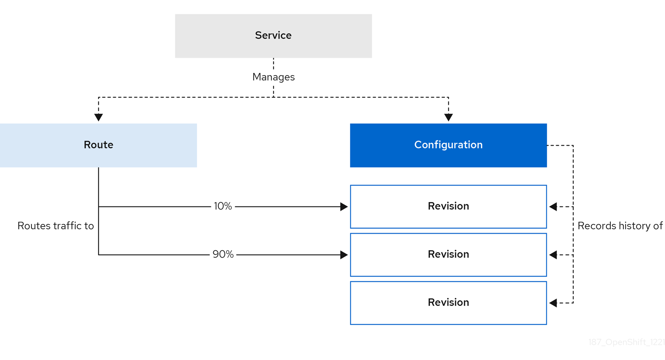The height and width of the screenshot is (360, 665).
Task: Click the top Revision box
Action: (448, 206)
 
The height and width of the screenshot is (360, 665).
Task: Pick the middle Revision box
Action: (448, 255)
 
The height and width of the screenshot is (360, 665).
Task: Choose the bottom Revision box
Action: (448, 303)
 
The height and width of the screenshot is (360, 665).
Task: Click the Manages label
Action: (273, 77)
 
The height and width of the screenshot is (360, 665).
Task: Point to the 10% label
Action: (223, 206)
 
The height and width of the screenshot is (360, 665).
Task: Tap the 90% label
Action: (223, 255)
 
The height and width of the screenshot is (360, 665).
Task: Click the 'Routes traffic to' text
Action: (56, 226)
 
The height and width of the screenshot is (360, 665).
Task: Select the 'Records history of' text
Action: (620, 226)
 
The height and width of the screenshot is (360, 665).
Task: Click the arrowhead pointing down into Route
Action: (98, 117)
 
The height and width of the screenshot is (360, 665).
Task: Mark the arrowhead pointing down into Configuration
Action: (448, 117)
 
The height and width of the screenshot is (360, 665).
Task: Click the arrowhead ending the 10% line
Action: (344, 206)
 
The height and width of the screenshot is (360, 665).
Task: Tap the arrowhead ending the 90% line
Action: (344, 255)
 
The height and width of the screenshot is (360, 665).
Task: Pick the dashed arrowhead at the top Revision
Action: (553, 206)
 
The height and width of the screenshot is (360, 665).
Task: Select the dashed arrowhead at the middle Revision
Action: (553, 255)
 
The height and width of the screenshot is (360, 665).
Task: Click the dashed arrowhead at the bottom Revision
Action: (553, 303)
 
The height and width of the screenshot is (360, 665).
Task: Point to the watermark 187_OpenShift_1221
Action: (626, 342)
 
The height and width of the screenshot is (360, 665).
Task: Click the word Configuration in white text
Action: (448, 145)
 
